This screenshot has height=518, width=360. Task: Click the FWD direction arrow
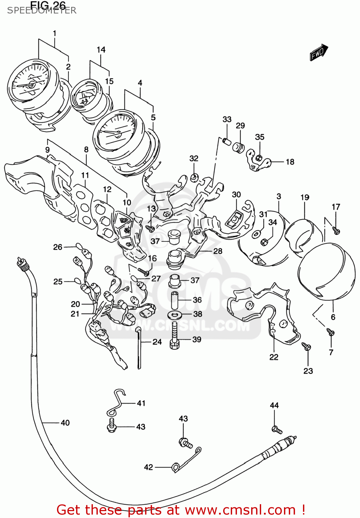coord(319,53)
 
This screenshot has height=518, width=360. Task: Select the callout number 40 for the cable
coord(65,423)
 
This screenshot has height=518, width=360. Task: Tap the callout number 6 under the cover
coord(333,317)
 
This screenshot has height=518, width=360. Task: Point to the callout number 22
coord(274,357)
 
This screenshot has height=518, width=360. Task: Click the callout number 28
coord(218,251)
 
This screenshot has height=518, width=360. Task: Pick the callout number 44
coord(274,405)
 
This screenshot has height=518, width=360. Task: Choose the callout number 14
coord(101,50)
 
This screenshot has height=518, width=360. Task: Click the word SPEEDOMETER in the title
coord(41,10)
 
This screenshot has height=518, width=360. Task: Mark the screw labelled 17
coord(336,230)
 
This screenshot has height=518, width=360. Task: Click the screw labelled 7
coord(330,333)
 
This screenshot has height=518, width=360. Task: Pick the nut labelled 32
coord(194,178)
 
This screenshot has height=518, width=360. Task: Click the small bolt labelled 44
coord(277,430)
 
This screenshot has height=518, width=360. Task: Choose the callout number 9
coord(47,150)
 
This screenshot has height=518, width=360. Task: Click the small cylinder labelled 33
coord(226,142)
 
